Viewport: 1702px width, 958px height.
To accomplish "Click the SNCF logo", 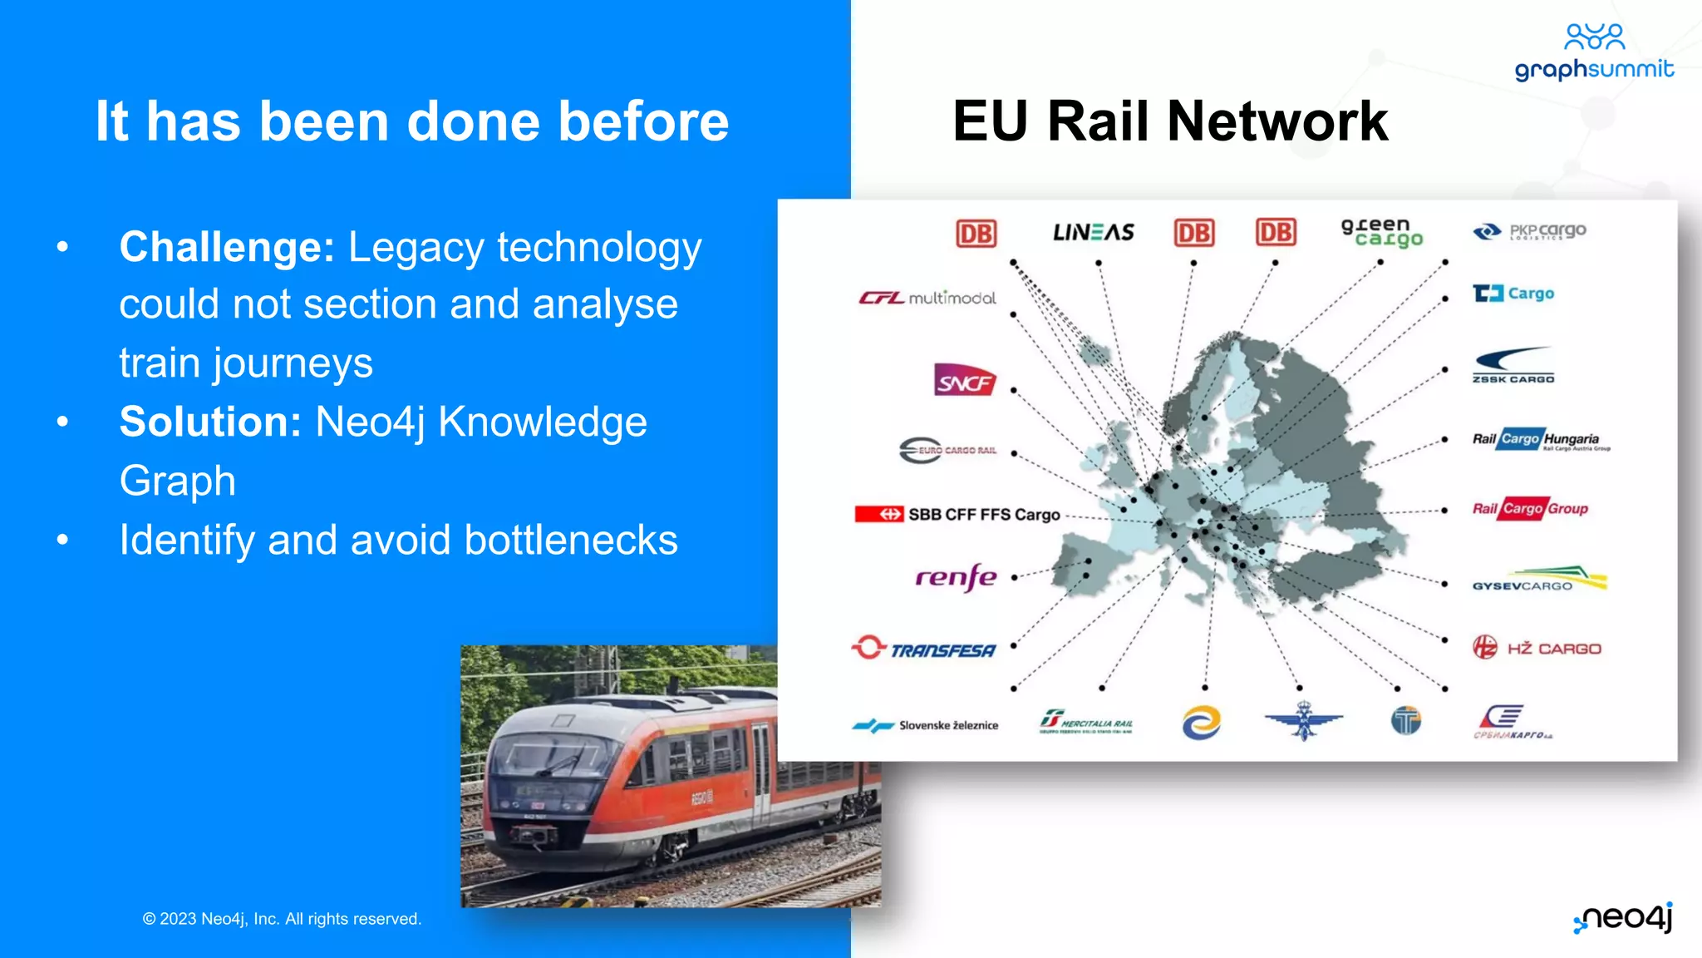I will click(x=964, y=381).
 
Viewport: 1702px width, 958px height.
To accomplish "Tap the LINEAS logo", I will click(x=1093, y=232).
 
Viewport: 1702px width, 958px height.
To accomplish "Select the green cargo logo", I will click(x=1381, y=232).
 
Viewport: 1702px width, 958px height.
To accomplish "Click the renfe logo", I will click(x=956, y=576).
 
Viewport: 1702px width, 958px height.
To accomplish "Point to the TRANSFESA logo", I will click(x=924, y=649).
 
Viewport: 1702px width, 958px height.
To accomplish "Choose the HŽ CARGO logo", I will click(x=1537, y=648).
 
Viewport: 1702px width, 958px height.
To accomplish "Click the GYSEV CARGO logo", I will click(x=1539, y=579).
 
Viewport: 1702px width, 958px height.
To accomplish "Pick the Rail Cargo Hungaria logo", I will click(x=1539, y=439).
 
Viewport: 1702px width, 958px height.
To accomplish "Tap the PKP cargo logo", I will click(x=1529, y=231).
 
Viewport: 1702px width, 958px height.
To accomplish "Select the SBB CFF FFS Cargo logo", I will click(x=957, y=514).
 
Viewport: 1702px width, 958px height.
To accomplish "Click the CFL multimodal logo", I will click(x=927, y=298).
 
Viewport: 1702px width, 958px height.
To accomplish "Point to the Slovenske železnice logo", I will click(x=925, y=725).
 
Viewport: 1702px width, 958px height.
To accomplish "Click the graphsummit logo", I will click(x=1594, y=53).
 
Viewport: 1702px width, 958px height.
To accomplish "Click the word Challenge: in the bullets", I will click(x=227, y=247).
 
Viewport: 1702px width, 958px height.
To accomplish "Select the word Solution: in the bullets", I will click(x=210, y=422).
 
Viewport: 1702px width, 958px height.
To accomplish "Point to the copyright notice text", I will click(x=282, y=919).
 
